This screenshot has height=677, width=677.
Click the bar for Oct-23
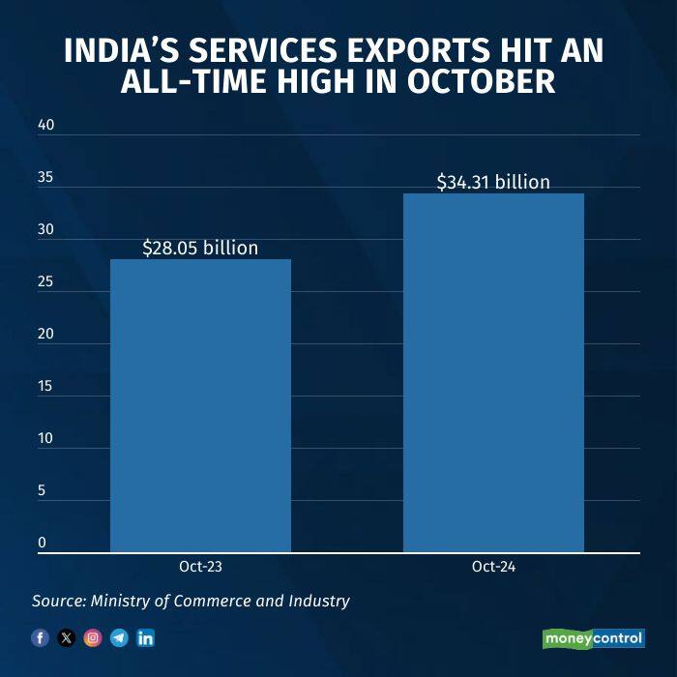point(200,406)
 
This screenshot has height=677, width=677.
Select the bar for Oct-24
point(493,373)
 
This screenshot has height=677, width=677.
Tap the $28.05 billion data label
point(200,248)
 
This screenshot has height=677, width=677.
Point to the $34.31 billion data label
point(493,182)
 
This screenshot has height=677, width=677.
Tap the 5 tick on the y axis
point(43,490)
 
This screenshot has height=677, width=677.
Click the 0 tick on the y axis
point(43,543)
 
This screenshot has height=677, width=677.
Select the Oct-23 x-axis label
point(200,567)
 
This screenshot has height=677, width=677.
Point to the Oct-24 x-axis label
point(493,567)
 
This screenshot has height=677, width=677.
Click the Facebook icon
point(40,637)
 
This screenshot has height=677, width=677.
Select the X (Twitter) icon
point(66,637)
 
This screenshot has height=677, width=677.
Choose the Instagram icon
point(92,637)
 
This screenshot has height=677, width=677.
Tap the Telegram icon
point(119,637)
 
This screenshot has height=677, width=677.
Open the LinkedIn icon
point(145,637)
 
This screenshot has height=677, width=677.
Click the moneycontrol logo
point(594,638)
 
